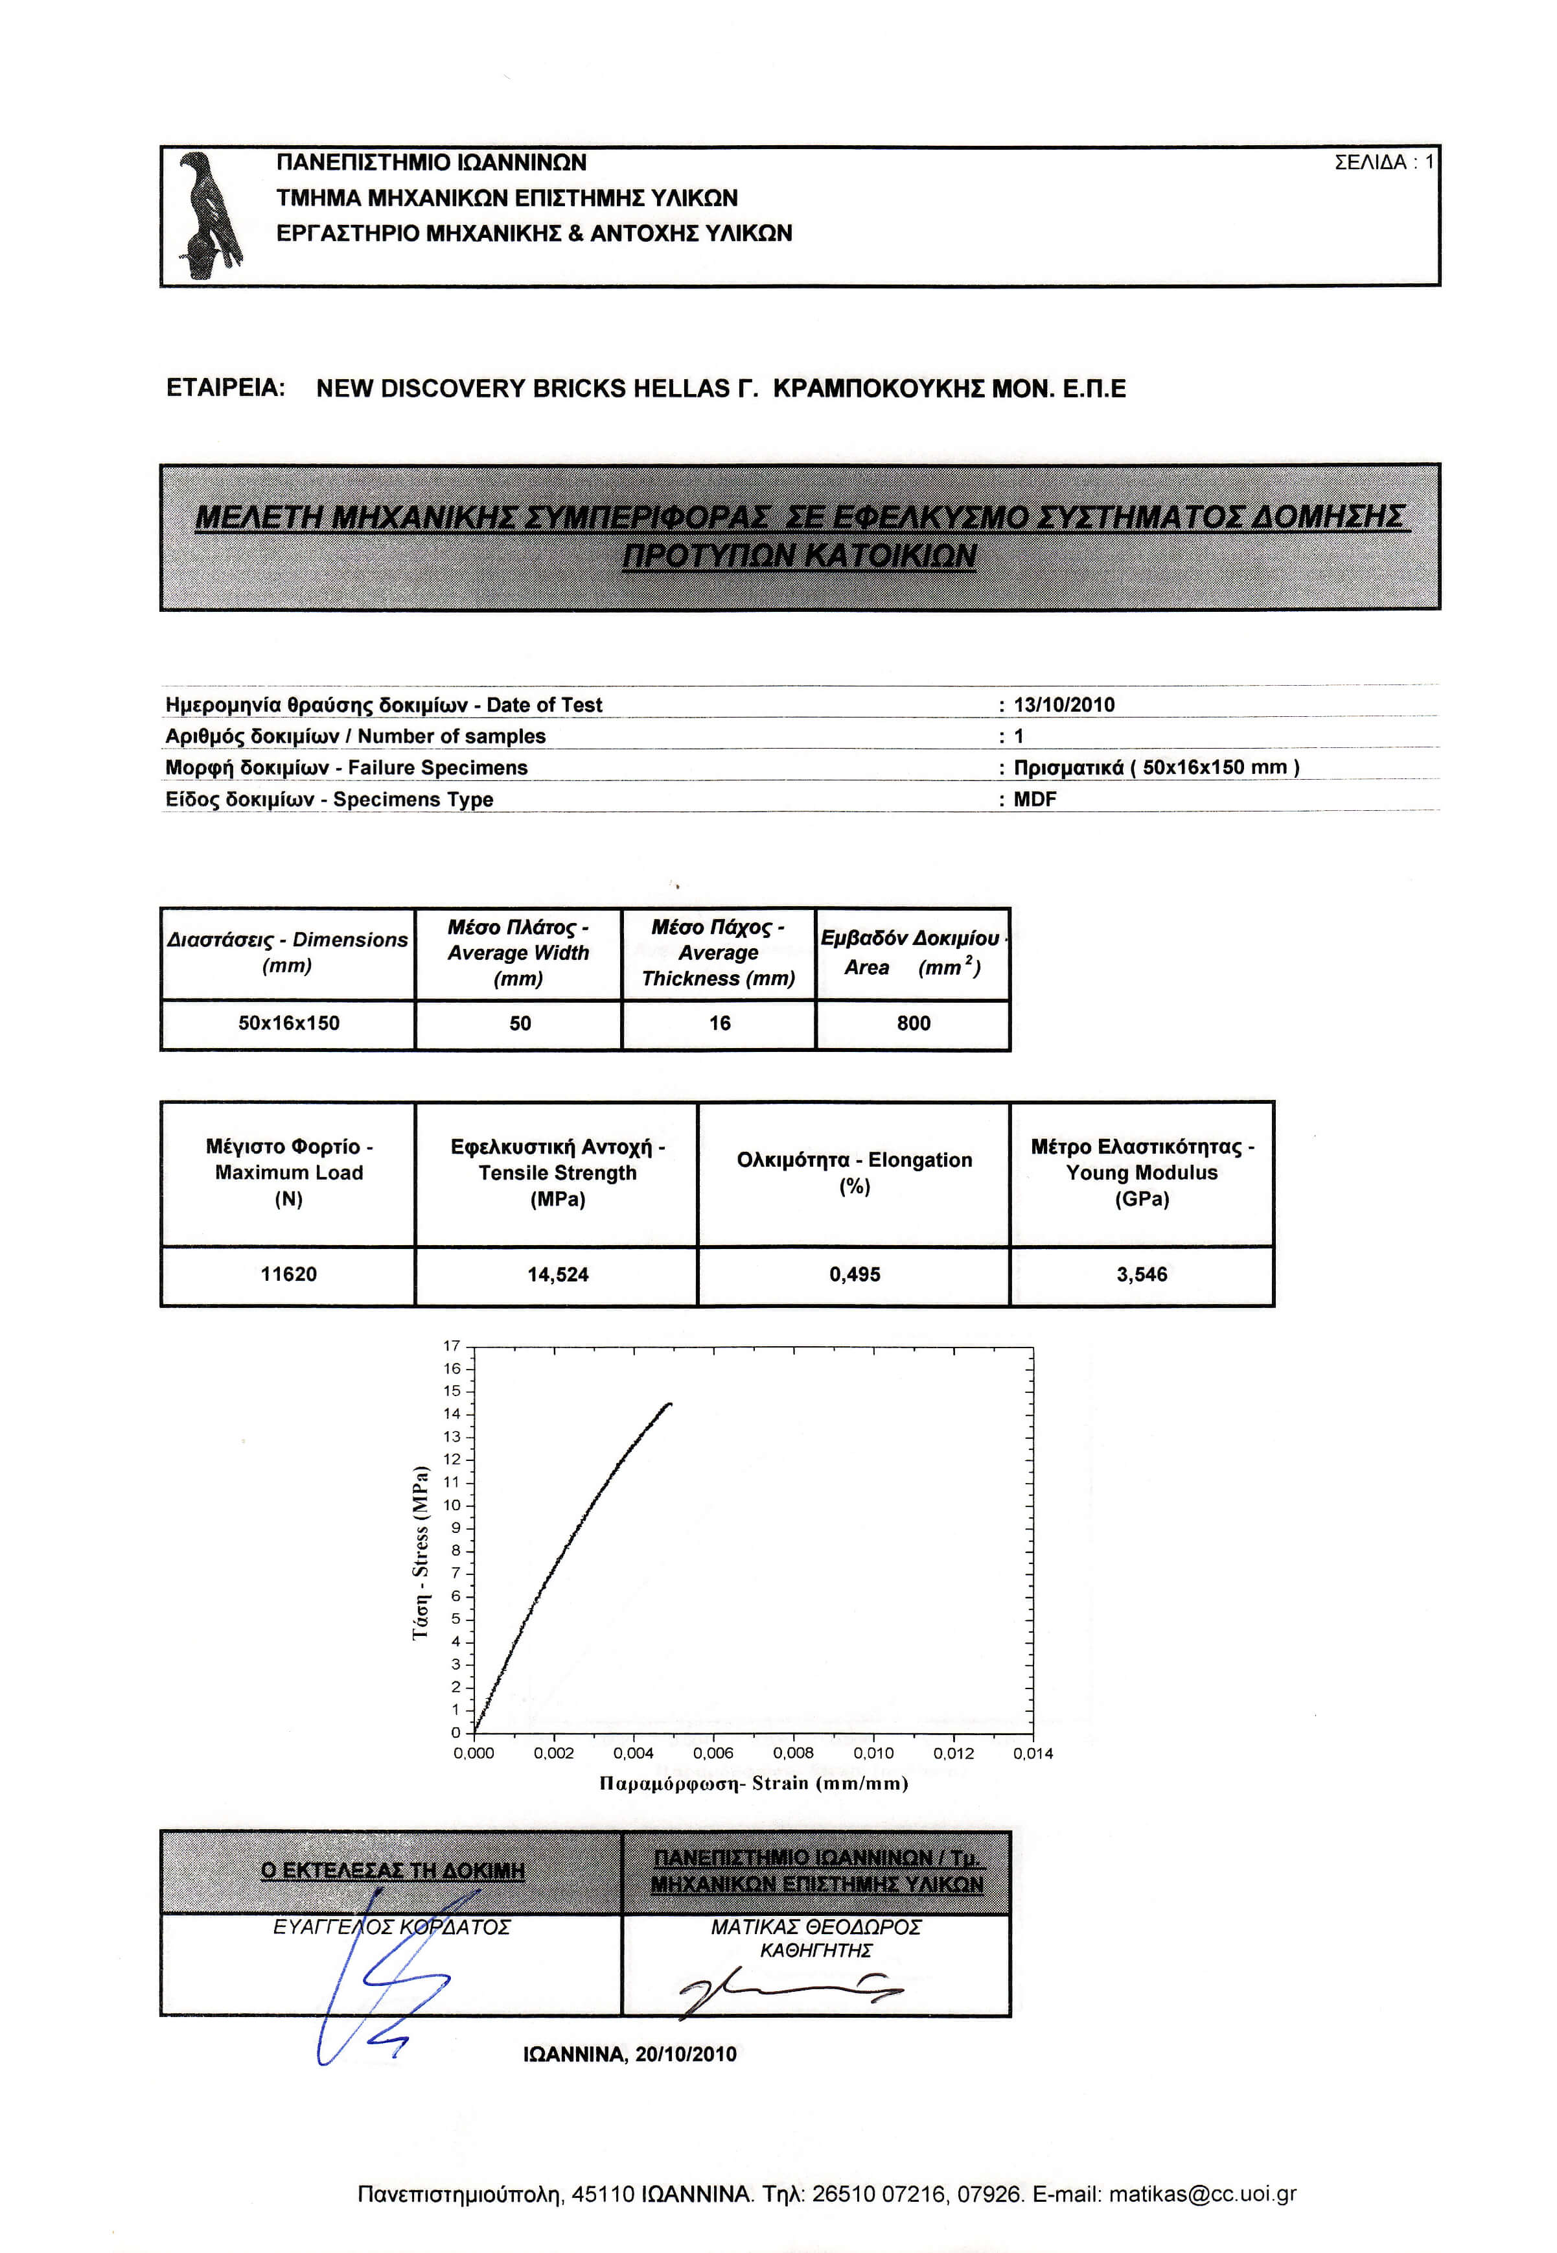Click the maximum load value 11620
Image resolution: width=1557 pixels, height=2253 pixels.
click(289, 1274)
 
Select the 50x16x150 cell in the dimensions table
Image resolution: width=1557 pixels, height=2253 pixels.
click(289, 1023)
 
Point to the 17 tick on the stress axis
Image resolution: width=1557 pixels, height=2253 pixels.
click(452, 1346)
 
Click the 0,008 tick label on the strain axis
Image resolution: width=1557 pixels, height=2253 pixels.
click(793, 1753)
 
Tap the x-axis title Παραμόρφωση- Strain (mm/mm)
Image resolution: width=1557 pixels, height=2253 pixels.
click(753, 1784)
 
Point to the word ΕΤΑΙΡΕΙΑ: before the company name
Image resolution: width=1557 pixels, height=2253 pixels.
click(225, 388)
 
